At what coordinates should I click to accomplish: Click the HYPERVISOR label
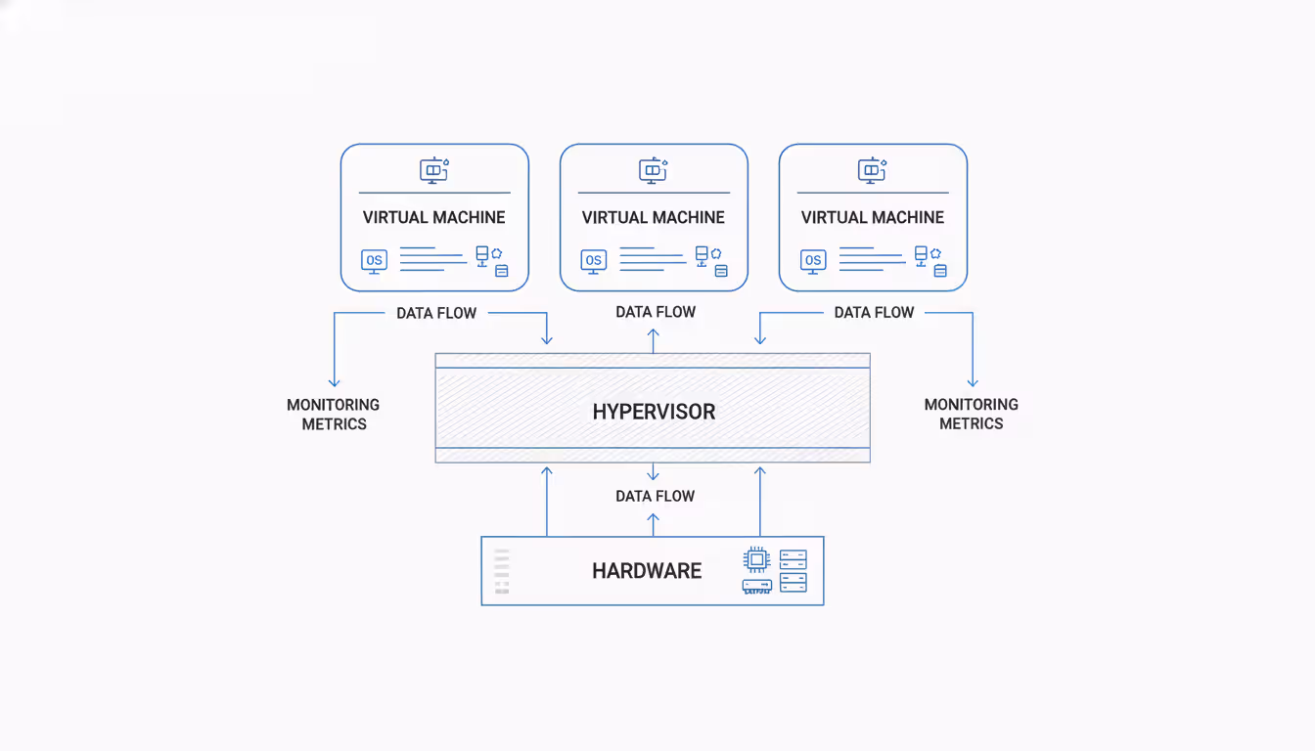pyautogui.click(x=654, y=412)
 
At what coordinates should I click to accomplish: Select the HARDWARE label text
pyautogui.click(x=647, y=571)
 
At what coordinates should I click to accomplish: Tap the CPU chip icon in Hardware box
pyautogui.click(x=756, y=559)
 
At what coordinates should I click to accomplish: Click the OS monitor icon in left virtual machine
pyautogui.click(x=374, y=260)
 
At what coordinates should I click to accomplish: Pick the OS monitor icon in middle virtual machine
pyautogui.click(x=593, y=260)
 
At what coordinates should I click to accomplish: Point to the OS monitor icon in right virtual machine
pyautogui.click(x=812, y=260)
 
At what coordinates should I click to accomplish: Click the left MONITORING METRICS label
pyautogui.click(x=334, y=414)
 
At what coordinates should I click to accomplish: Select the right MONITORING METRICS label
pyautogui.click(x=972, y=414)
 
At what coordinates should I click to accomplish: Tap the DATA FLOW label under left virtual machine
pyautogui.click(x=436, y=313)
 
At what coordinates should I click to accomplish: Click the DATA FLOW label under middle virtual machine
pyautogui.click(x=656, y=312)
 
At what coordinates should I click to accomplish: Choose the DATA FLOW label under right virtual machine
pyautogui.click(x=874, y=312)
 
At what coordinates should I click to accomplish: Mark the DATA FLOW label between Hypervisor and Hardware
pyautogui.click(x=656, y=496)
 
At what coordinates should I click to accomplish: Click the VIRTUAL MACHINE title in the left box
pyautogui.click(x=434, y=217)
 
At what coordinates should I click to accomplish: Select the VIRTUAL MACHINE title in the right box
pyautogui.click(x=873, y=217)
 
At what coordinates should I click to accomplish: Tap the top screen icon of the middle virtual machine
pyautogui.click(x=653, y=170)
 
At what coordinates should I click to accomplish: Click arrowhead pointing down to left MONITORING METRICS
pyautogui.click(x=334, y=381)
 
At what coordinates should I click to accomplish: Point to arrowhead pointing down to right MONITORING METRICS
pyautogui.click(x=973, y=381)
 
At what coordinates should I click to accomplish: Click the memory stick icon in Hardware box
pyautogui.click(x=756, y=586)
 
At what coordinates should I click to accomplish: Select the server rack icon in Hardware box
pyautogui.click(x=794, y=571)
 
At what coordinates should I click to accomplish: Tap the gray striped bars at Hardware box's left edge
pyautogui.click(x=502, y=572)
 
